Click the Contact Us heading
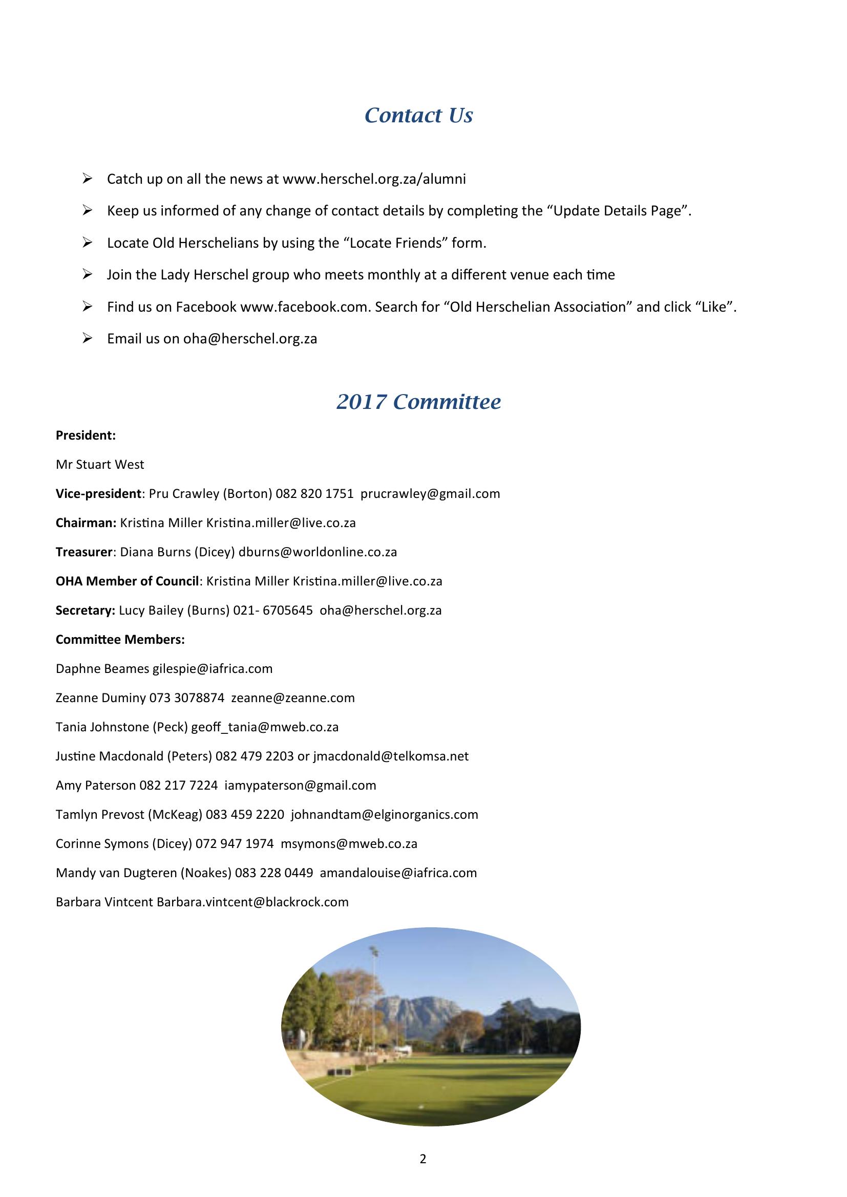click(418, 115)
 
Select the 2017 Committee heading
click(418, 401)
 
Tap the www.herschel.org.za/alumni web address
click(374, 179)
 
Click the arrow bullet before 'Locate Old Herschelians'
click(87, 243)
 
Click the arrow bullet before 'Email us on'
click(87, 338)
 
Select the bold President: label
click(86, 436)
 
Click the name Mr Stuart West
click(100, 465)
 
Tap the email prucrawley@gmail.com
click(430, 494)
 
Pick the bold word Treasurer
click(84, 552)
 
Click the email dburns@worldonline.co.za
click(317, 552)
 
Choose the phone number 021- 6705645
click(273, 611)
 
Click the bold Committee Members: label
click(120, 640)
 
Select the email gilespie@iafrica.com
click(213, 669)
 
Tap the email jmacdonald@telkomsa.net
click(391, 756)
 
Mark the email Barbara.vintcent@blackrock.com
click(252, 902)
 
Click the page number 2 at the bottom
click(422, 1159)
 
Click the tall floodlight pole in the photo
click(374, 991)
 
